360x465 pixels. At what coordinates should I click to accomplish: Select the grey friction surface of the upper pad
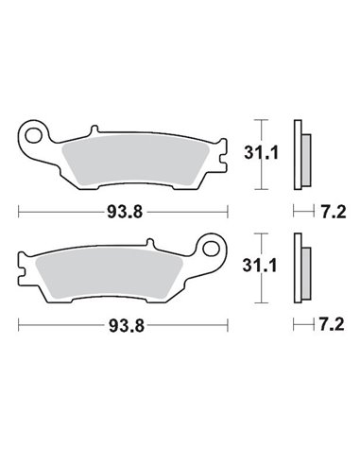coord(131,156)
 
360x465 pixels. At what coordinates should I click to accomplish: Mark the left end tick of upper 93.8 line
coord(20,210)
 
